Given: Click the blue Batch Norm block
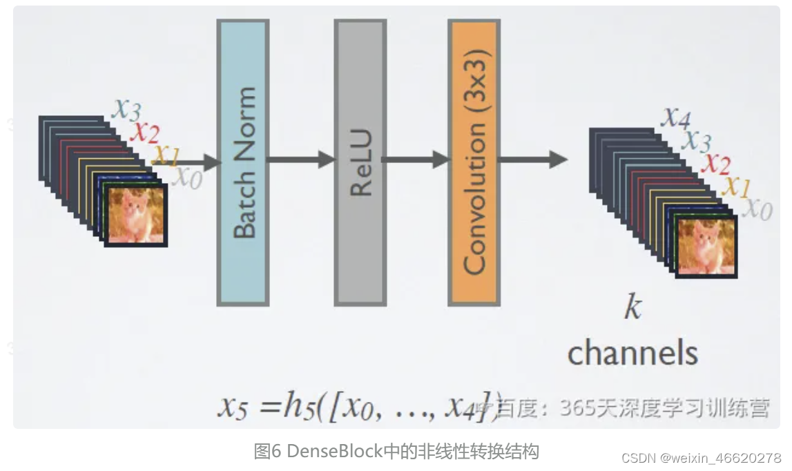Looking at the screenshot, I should pos(242,162).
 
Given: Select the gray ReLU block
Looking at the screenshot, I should pos(360,162).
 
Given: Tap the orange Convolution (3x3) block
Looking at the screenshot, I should pos(474,162).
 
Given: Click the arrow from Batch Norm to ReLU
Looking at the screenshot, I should pos(300,160).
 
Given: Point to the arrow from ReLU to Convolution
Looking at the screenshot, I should pos(415,160).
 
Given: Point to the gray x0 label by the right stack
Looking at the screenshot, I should pos(757,209).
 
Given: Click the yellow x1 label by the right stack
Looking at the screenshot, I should pos(735,186).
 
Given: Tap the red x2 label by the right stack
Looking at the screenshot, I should pos(716,164).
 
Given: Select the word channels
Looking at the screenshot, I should pos(632,353).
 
